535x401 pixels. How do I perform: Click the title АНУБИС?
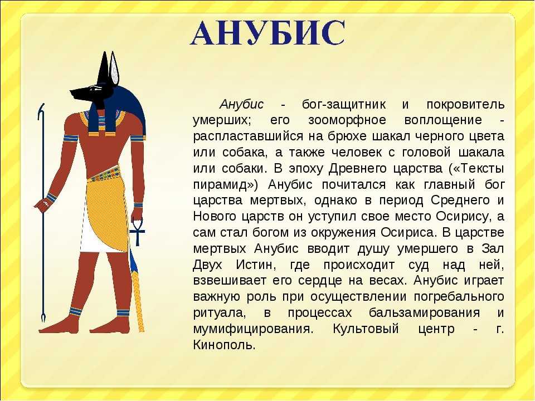(x=267, y=33)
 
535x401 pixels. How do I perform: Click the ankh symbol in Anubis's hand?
(x=137, y=232)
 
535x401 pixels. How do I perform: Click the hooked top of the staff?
(x=41, y=111)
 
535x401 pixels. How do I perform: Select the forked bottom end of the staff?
(x=43, y=317)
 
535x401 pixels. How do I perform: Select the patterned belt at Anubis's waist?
(x=104, y=174)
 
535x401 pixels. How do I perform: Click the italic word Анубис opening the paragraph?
(x=241, y=104)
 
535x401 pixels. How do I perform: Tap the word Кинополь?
(x=224, y=345)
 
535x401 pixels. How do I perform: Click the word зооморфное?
(x=347, y=120)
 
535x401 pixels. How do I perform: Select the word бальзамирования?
(x=424, y=313)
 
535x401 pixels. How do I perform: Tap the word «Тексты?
(x=476, y=168)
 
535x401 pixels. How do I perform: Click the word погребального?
(x=459, y=297)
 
